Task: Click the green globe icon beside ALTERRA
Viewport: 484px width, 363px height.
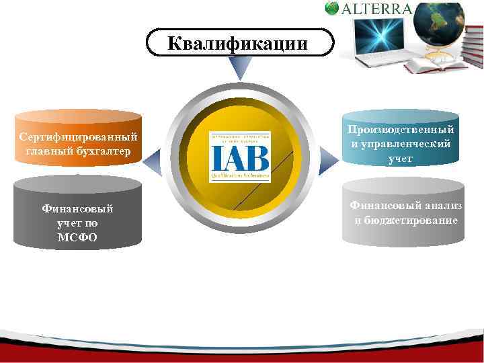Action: pyautogui.click(x=332, y=8)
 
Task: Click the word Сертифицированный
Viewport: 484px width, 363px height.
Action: pyautogui.click(x=78, y=137)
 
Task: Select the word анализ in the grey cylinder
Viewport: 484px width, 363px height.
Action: pyautogui.click(x=440, y=206)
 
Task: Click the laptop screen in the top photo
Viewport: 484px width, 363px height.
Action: pyautogui.click(x=376, y=34)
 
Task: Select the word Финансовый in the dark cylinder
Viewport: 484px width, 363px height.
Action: pyautogui.click(x=77, y=209)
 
